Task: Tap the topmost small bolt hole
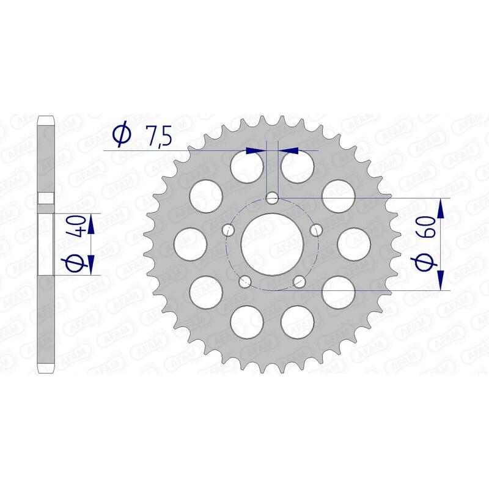pos(273,197)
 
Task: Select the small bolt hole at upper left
pos(229,230)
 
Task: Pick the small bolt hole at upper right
pos(317,230)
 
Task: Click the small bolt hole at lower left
pos(246,281)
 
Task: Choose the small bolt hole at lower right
pos(300,281)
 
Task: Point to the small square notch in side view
pos(46,198)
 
